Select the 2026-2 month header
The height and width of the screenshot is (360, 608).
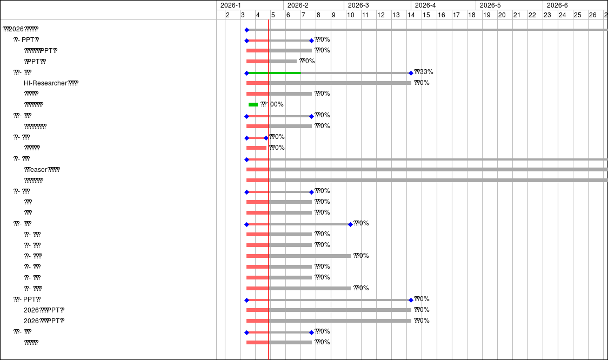(x=298, y=5)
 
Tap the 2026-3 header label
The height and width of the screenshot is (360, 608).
(x=358, y=5)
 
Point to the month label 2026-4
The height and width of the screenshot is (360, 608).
(x=425, y=5)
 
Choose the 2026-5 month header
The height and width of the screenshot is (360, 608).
(x=490, y=5)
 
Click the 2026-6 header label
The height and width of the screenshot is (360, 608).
(x=557, y=5)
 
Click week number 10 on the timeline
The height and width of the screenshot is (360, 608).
(x=350, y=15)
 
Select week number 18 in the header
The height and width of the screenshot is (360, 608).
(x=471, y=15)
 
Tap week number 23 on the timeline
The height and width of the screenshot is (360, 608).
(x=547, y=15)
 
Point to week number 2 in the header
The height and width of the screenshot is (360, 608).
(x=228, y=15)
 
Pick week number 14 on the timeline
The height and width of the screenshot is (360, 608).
(x=411, y=15)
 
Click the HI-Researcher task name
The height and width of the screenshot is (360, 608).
(x=51, y=83)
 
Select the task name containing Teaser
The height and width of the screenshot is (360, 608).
(x=42, y=170)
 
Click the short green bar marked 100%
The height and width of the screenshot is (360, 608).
(x=253, y=104)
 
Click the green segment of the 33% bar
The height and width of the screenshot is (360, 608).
(x=273, y=72)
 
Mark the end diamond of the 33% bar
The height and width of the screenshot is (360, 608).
(x=411, y=73)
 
